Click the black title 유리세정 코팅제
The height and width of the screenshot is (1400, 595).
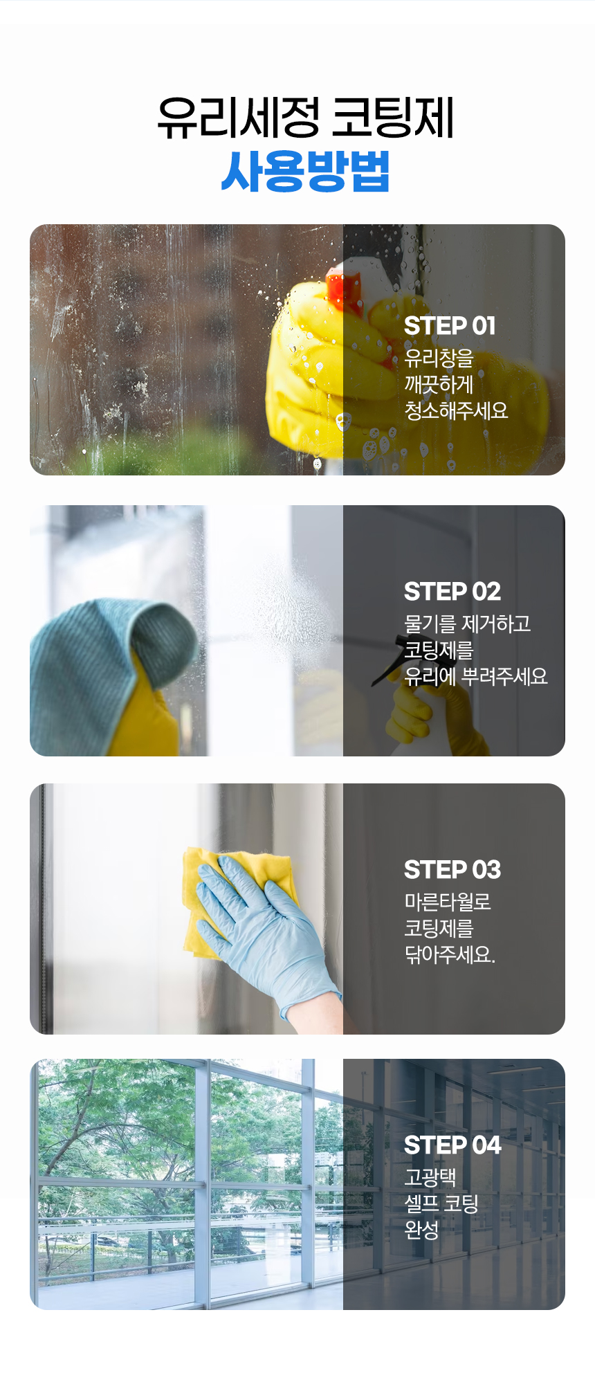305,117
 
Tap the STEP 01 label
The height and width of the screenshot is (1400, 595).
450,325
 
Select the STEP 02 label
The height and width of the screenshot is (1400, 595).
452,591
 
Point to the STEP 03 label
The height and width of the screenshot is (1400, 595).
452,869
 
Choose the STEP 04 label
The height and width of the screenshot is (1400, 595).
452,1145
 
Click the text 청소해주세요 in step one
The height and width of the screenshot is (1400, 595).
456,410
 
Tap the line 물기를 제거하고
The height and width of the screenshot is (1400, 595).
468,624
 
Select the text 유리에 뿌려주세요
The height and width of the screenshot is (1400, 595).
476,676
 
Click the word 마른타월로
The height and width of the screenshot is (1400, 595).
448,902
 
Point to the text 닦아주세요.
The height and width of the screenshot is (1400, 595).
450,954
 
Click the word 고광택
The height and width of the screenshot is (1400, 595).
430,1177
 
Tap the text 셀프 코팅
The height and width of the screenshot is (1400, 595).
441,1203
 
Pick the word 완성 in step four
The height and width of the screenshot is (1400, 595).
421,1230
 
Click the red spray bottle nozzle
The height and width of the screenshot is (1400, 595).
345,291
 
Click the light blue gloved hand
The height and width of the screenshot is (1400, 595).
266,920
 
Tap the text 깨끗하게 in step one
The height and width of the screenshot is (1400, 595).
439,384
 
